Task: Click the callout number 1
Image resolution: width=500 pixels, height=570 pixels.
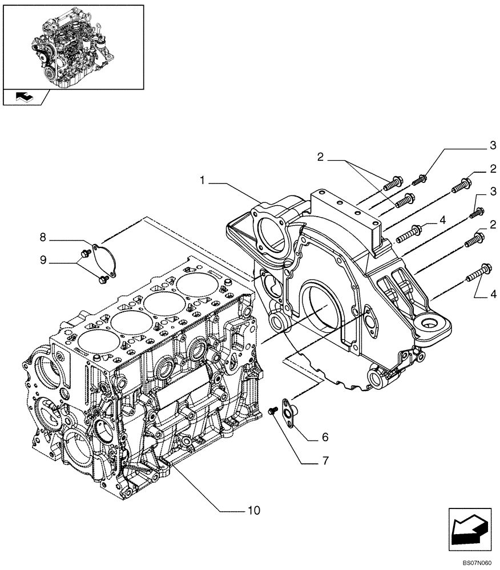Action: [x=203, y=181]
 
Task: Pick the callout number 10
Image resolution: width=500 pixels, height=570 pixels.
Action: [x=253, y=510]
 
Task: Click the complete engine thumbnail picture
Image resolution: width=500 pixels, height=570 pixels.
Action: [x=72, y=46]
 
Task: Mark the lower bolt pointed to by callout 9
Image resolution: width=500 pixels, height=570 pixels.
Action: [x=103, y=279]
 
